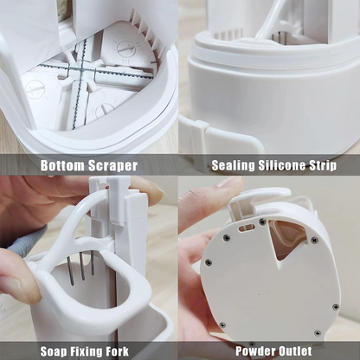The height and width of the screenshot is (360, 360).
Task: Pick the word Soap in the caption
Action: [x=54, y=351]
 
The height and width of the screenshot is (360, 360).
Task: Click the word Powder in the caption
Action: [x=253, y=351]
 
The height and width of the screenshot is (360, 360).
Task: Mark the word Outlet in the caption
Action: [x=292, y=351]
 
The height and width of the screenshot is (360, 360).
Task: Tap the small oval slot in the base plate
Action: [x=247, y=228]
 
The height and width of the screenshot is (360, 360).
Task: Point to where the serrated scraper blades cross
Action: [x=81, y=70]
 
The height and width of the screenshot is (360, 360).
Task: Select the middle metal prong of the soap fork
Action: [x=82, y=266]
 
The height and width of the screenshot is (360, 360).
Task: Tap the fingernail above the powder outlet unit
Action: [x=230, y=182]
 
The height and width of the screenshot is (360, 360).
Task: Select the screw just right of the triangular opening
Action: [x=314, y=240]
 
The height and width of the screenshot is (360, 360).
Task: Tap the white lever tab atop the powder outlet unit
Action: [x=260, y=196]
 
